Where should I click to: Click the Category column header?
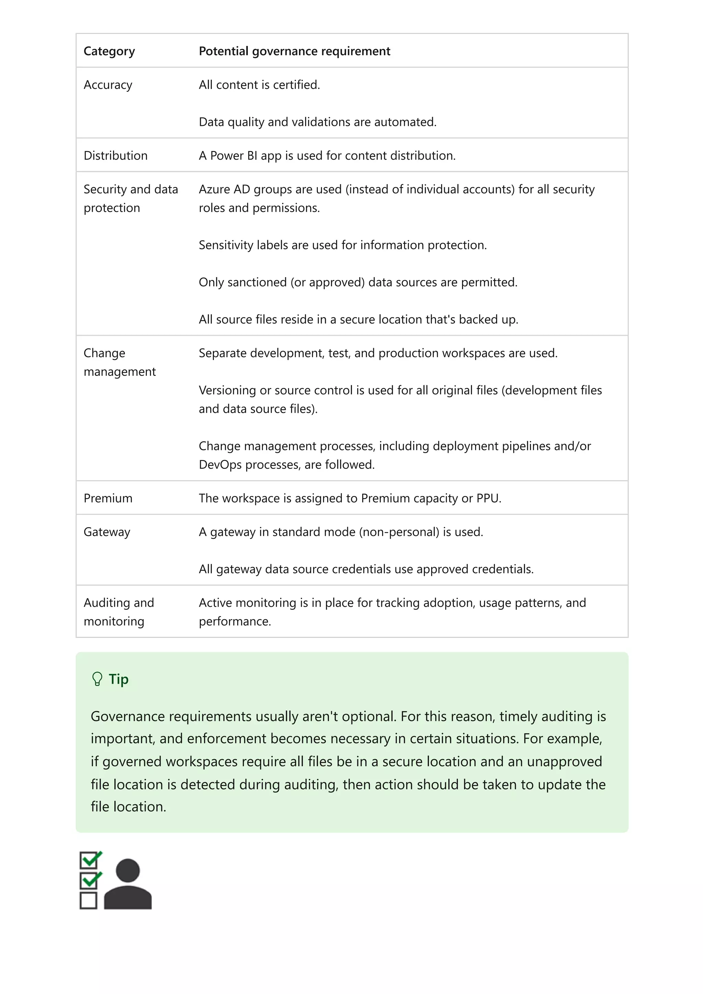(109, 51)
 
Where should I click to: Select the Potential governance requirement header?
(294, 51)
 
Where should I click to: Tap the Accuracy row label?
(108, 85)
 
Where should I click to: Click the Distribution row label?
(115, 155)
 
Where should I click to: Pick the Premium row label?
(108, 498)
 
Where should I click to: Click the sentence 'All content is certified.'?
(259, 85)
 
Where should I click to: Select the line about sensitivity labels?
(342, 245)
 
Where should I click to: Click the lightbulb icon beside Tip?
(97, 679)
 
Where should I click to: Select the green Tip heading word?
(118, 679)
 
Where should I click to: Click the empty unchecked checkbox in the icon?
(89, 900)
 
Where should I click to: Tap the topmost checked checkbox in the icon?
(89, 860)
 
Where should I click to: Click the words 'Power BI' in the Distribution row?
(233, 155)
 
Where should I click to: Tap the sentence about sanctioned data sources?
(358, 282)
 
